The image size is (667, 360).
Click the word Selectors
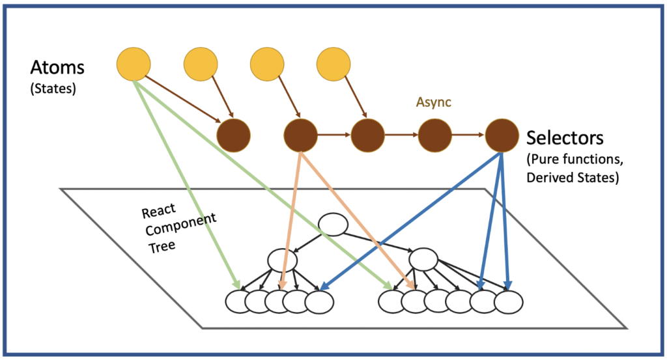click(565, 138)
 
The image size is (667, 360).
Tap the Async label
click(434, 103)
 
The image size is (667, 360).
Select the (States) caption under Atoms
click(53, 89)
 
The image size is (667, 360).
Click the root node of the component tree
click(332, 225)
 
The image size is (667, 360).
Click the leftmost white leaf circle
click(238, 301)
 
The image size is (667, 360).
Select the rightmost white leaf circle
click(509, 301)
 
